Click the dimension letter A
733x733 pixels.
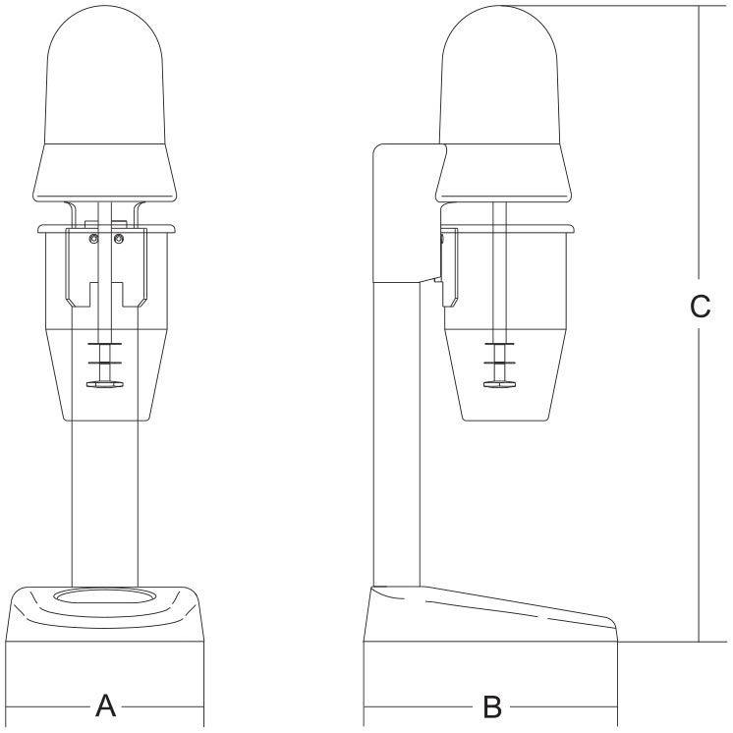pos(106,705)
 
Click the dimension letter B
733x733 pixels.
pos(492,706)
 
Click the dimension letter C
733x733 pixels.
pos(700,307)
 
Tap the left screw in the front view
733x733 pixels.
pos(94,239)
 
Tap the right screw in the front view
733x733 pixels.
pos(119,239)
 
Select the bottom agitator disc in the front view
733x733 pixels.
pos(105,384)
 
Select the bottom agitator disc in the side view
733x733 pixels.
pos(500,384)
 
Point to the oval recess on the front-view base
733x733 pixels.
pos(105,597)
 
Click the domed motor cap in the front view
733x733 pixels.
pos(105,75)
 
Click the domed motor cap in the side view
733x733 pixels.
pos(499,75)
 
